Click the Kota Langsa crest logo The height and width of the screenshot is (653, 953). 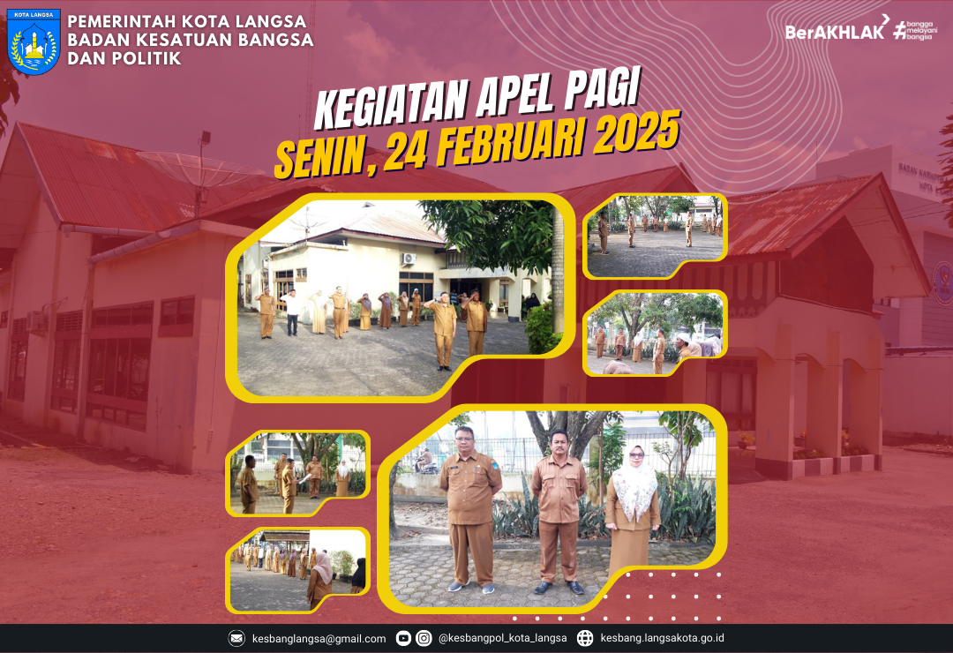(x=34, y=42)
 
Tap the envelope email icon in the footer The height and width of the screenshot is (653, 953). (x=237, y=638)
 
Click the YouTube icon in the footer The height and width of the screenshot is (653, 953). (x=403, y=638)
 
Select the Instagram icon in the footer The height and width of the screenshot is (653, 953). (x=424, y=638)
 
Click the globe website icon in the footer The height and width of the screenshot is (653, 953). (x=585, y=638)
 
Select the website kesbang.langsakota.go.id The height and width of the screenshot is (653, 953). (x=663, y=638)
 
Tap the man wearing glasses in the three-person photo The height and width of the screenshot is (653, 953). (x=470, y=503)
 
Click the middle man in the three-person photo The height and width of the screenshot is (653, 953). (x=559, y=507)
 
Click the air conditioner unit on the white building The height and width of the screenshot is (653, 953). (x=409, y=259)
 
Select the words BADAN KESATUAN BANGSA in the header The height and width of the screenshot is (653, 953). (x=190, y=40)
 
